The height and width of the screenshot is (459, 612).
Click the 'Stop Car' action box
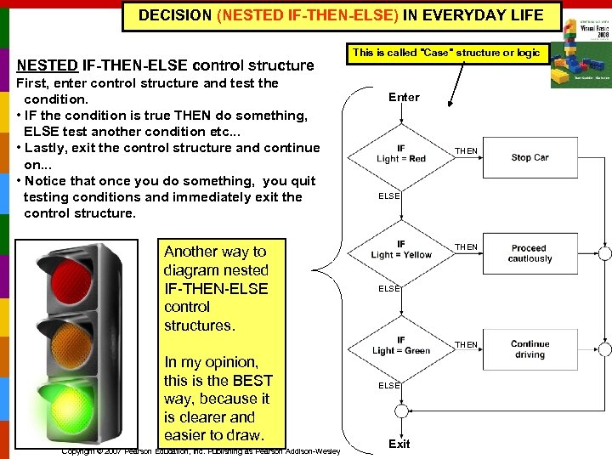coord(530,157)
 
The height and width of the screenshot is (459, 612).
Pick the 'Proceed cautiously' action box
coord(530,253)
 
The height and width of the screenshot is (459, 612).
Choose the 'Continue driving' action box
coord(530,349)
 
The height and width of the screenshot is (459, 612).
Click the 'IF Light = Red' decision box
coord(400,154)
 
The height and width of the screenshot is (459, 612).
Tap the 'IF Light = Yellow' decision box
coord(400,249)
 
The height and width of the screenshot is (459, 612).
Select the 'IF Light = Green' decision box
coord(400,345)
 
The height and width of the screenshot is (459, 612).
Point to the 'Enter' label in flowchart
coord(404,97)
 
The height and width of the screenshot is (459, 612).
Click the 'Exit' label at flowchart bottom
coord(399,444)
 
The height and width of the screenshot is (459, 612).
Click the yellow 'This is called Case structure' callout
coord(445,53)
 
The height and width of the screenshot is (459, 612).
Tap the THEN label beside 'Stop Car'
coord(466,151)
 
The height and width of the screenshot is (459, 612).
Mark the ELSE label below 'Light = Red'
coord(389,195)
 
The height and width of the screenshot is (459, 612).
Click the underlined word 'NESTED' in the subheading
coord(48,65)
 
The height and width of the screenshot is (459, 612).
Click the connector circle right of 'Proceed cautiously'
coord(603,253)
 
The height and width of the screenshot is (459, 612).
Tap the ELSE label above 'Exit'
coord(389,385)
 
